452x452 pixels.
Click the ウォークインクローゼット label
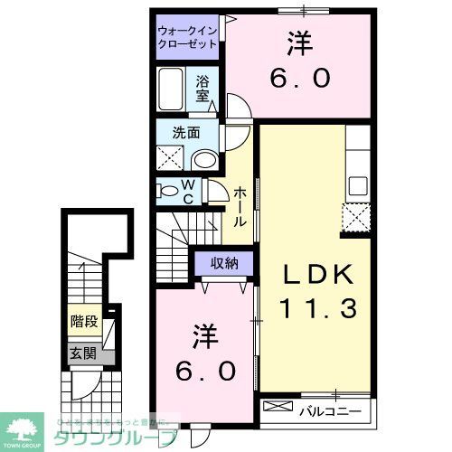(x=188, y=36)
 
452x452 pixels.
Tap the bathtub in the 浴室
(x=174, y=90)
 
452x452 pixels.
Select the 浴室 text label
(x=203, y=88)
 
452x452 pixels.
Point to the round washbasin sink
(x=205, y=160)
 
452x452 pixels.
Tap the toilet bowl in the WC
(x=168, y=191)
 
